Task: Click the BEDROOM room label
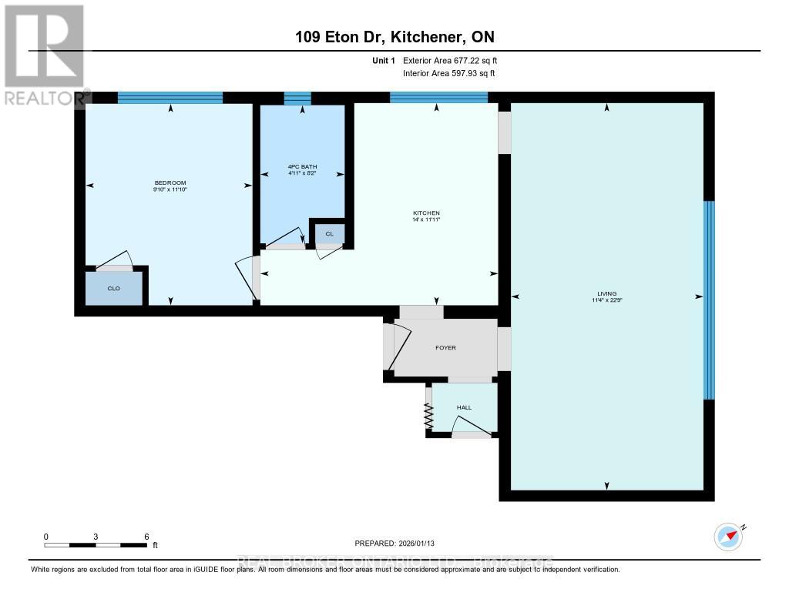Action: coord(170,182)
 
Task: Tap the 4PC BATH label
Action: coord(302,167)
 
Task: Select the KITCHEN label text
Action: coord(426,213)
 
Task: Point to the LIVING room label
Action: coord(607,293)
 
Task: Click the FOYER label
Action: coord(445,347)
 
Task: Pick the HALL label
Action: coord(464,407)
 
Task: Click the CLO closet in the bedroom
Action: coord(113,289)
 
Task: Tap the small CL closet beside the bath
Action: coord(329,233)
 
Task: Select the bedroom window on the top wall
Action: coord(170,97)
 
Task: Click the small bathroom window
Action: coord(297,98)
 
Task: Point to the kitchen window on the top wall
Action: coord(438,97)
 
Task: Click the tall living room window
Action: coord(709,300)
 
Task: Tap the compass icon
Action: coord(727,536)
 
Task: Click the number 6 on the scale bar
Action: coord(146,536)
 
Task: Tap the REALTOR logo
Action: coord(44,54)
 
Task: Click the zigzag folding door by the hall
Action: coord(428,417)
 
